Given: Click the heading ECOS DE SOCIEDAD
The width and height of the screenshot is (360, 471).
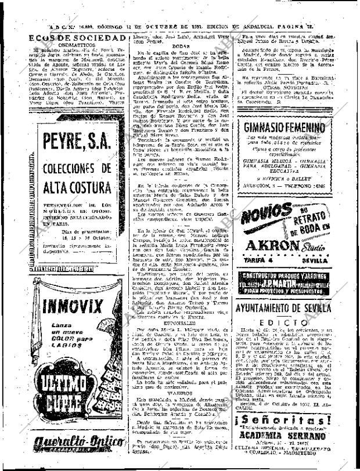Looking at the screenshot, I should point(77,38).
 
